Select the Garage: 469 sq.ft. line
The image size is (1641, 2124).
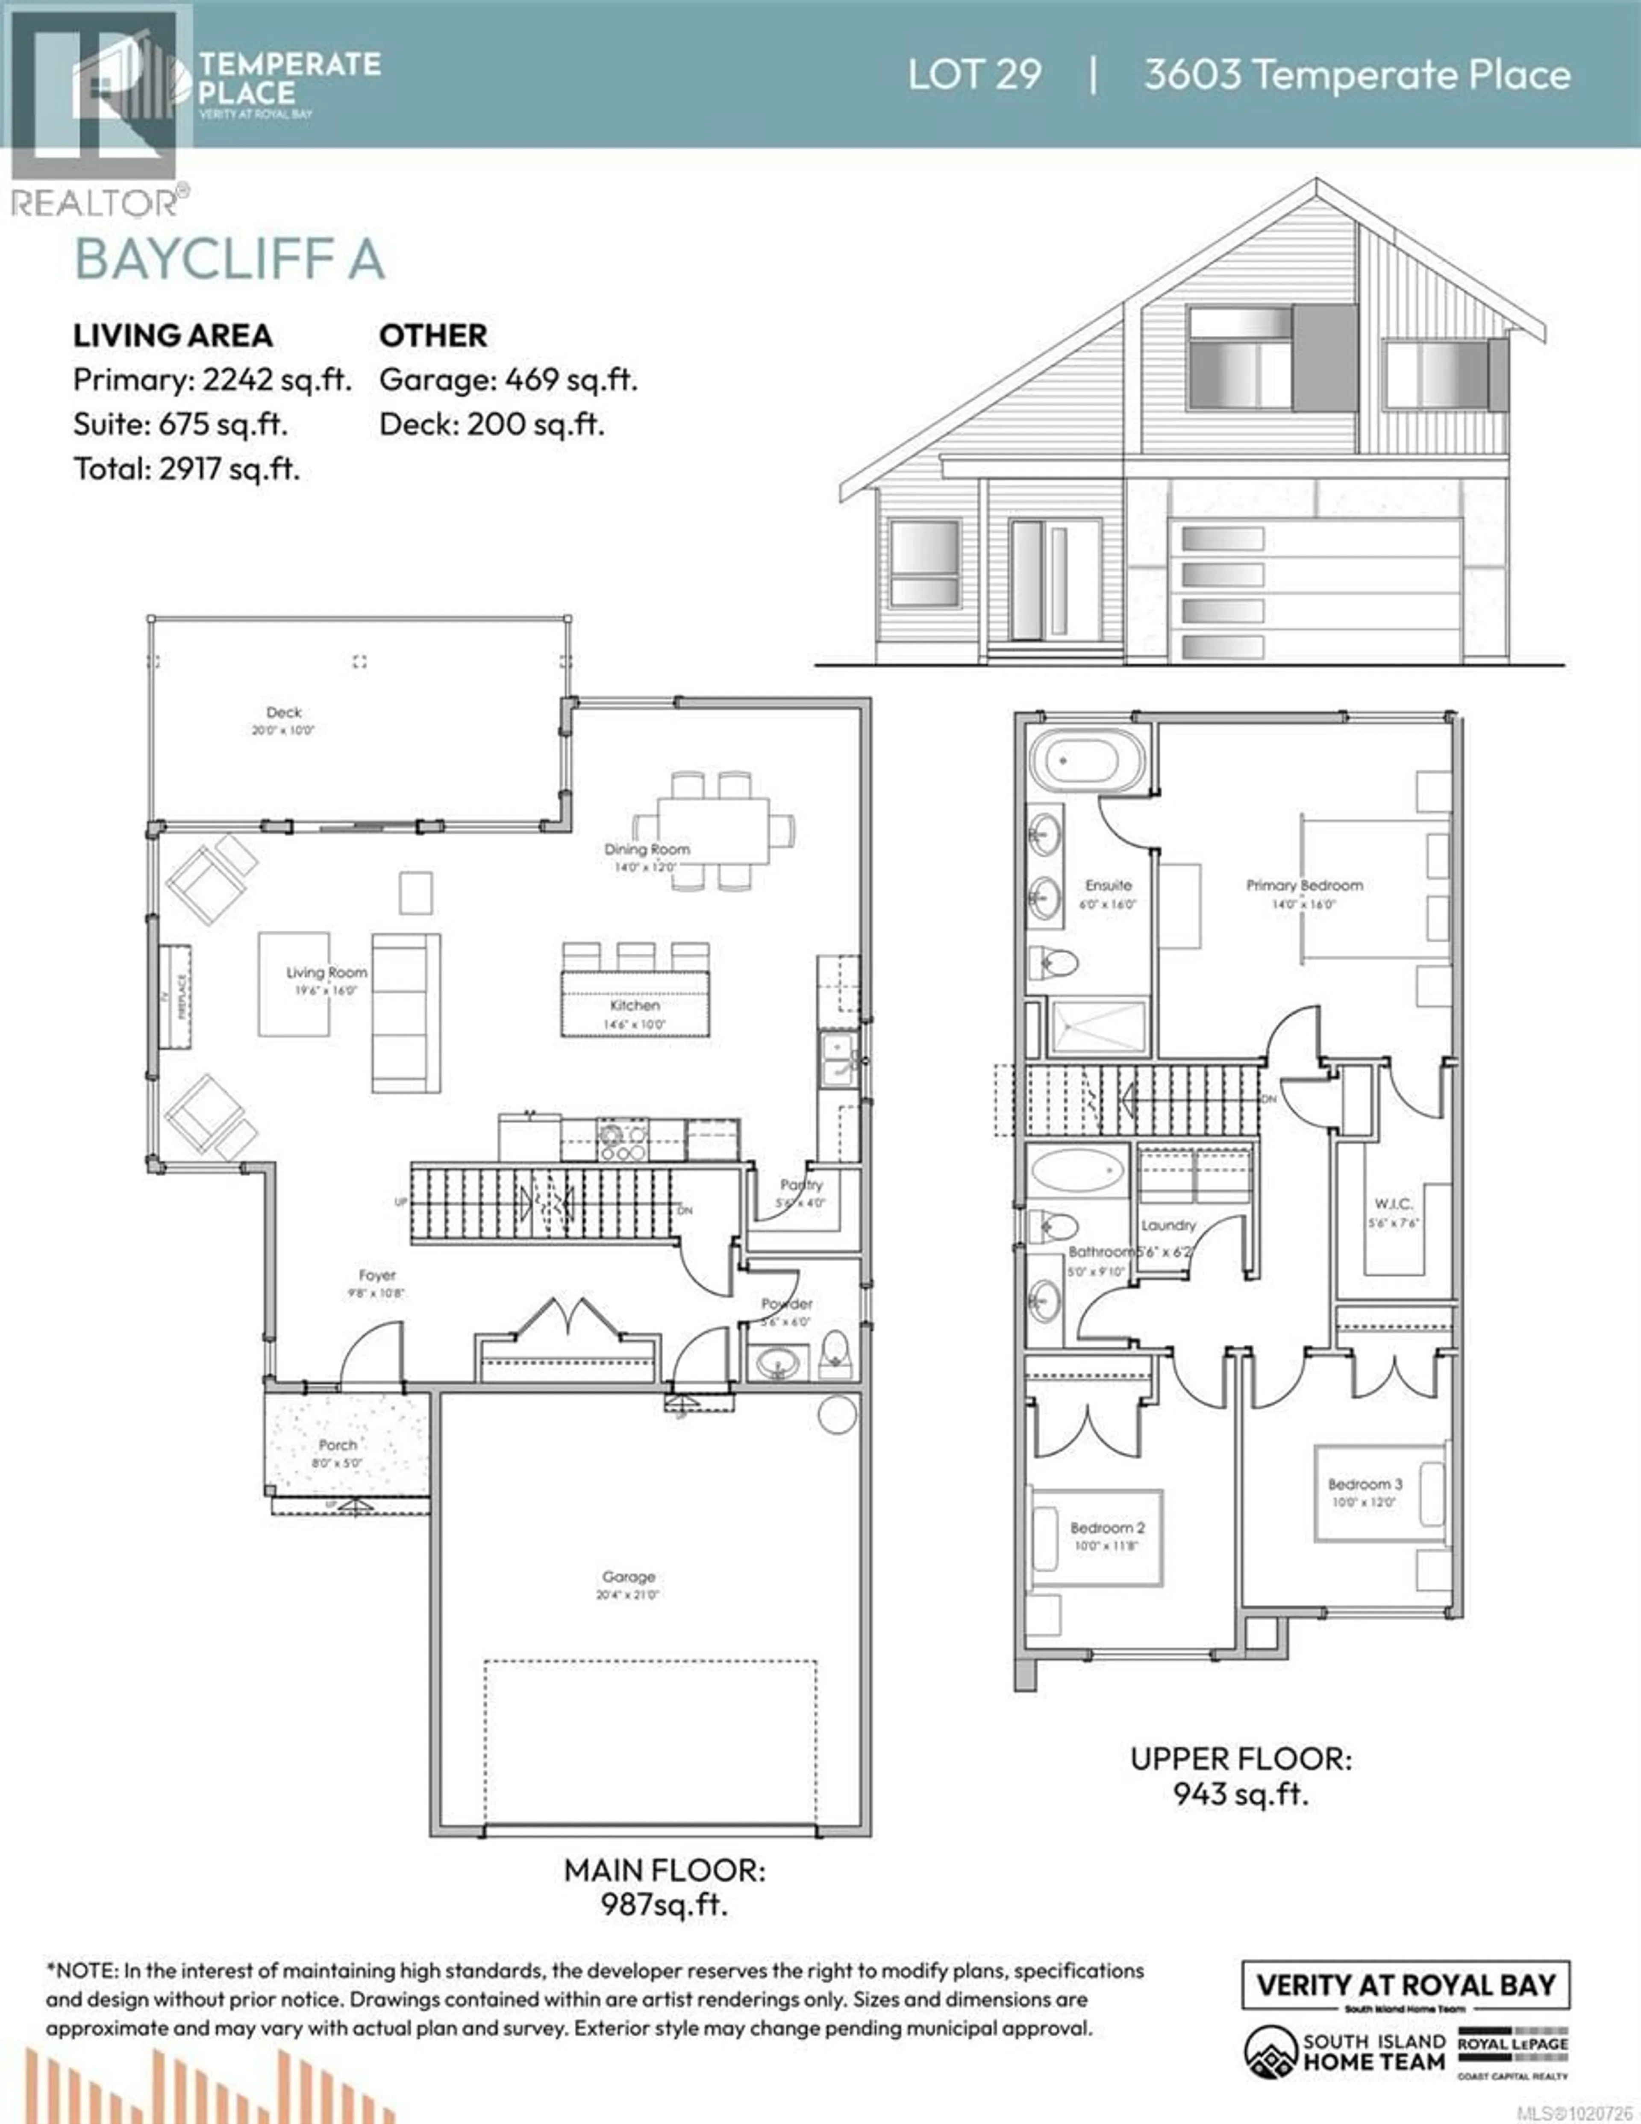point(508,379)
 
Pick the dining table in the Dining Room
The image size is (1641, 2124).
point(713,828)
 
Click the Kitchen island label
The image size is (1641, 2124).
point(634,1005)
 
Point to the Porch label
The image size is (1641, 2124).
point(338,1445)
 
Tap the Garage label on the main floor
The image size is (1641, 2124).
point(628,1577)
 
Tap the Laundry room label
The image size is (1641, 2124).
point(1168,1225)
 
